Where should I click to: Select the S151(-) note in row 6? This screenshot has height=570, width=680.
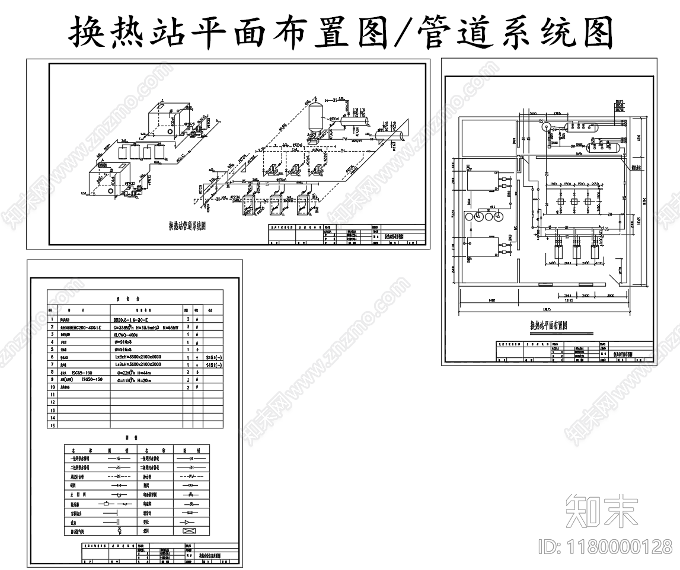213,357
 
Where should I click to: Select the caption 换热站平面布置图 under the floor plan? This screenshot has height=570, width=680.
549,325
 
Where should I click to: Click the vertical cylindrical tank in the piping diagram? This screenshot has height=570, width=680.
315,116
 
